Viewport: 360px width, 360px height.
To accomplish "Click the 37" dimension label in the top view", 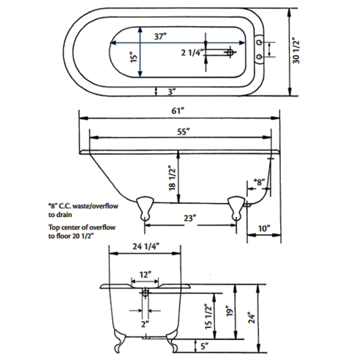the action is (160, 37).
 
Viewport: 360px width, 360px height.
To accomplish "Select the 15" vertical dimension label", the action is (133, 58).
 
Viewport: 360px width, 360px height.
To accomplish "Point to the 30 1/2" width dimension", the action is (296, 51).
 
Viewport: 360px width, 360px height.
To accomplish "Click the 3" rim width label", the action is (172, 92).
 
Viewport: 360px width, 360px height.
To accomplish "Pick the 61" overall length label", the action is (178, 111).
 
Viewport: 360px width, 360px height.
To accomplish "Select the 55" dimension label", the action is (184, 132).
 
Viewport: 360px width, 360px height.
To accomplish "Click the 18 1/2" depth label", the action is (172, 178).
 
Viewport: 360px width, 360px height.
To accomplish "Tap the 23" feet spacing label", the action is (190, 218).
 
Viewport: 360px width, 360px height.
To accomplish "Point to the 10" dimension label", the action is (264, 229).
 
